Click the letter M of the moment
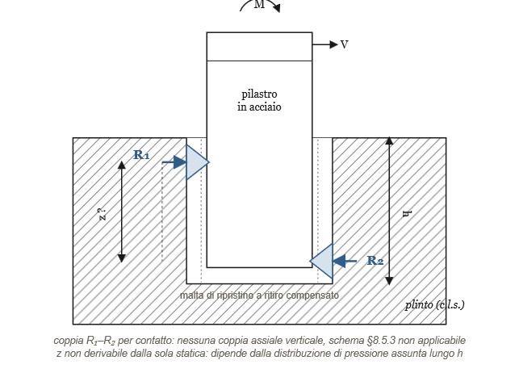259,4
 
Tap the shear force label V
344,44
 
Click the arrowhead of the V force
333,44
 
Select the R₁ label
141,155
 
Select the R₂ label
375,261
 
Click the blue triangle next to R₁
197,162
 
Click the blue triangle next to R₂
321,261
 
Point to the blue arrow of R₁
174,162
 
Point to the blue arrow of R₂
344,261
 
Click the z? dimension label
102,215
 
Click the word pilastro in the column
259,94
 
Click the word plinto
419,304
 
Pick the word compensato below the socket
312,295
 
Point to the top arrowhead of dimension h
390,140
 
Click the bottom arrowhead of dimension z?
122,258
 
